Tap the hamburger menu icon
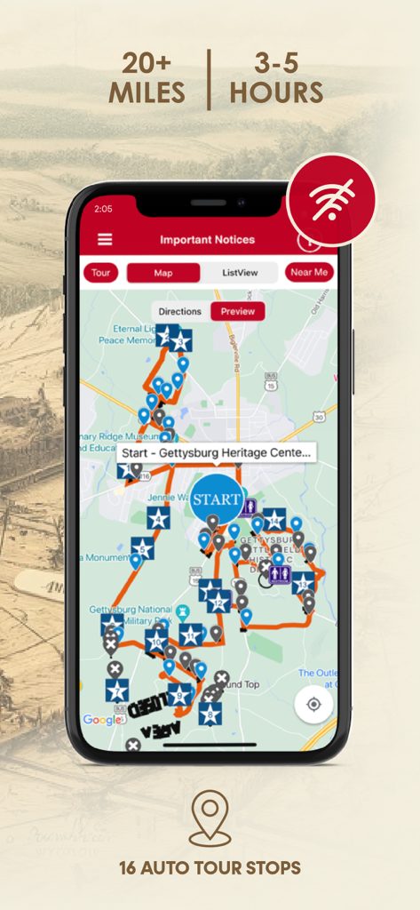tap(105, 240)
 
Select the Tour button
tap(100, 273)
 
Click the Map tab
tap(163, 273)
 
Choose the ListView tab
tap(240, 273)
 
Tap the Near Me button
tap(309, 272)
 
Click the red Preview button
tap(237, 312)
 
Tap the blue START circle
tap(218, 499)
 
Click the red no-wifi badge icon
tap(332, 200)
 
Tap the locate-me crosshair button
tap(313, 705)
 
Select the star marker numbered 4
tap(159, 518)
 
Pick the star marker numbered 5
tap(142, 548)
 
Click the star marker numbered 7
tap(115, 690)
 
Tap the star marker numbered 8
tap(210, 713)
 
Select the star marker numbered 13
tap(304, 583)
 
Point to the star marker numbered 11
tap(191, 635)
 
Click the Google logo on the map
tap(101, 720)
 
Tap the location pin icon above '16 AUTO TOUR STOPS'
tap(210, 818)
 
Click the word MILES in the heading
tap(147, 92)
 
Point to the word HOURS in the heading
tap(275, 92)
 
